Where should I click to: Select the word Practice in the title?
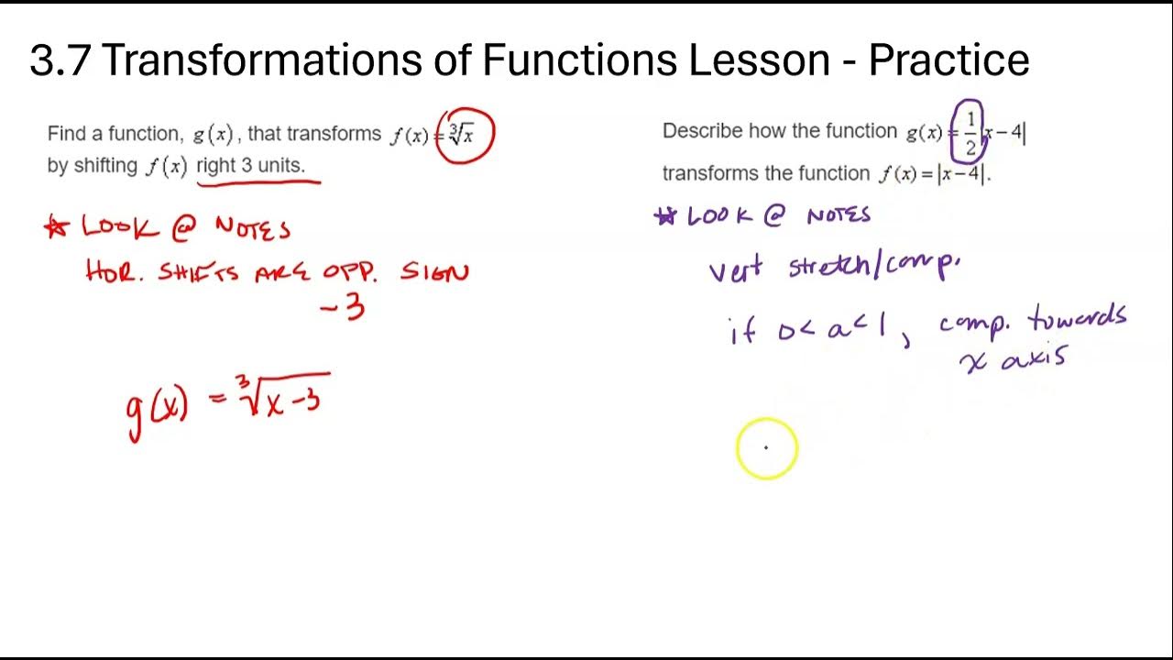[x=948, y=60]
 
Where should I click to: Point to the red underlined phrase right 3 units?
[x=250, y=167]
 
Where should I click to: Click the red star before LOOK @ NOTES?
[x=57, y=228]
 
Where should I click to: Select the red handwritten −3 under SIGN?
[x=343, y=307]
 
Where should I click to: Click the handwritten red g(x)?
[x=157, y=406]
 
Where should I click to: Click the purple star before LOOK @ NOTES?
[x=664, y=216]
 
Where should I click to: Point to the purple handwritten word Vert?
[x=735, y=270]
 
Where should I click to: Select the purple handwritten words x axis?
[x=1014, y=359]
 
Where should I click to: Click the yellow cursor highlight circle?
[x=767, y=448]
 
